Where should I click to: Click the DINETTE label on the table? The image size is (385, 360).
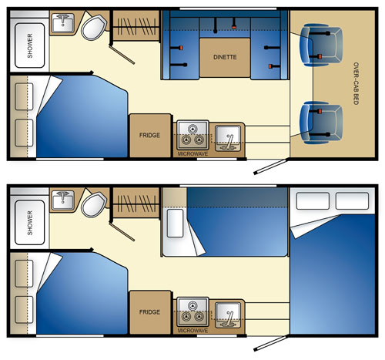point(225,57)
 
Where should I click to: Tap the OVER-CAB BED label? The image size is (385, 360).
point(356,83)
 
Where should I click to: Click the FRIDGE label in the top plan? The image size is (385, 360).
point(149,135)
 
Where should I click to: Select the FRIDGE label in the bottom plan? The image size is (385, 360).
point(149,312)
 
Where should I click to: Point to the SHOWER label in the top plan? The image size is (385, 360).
point(30,45)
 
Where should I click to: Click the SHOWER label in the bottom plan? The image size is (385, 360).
point(30,223)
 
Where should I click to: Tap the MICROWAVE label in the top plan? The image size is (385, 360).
point(192,154)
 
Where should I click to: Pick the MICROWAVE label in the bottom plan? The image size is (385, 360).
point(192,331)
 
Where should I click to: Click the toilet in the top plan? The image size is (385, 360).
point(94,27)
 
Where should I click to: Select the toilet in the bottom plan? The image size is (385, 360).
point(94,204)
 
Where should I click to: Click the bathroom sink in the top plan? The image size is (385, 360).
point(63,23)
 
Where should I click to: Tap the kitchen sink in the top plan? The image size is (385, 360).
point(228,138)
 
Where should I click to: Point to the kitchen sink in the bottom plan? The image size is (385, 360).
point(228,315)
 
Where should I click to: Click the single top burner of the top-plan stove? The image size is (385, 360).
point(192,129)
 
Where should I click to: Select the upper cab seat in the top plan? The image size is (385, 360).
point(321,45)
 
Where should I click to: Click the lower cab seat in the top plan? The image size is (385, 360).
point(321,123)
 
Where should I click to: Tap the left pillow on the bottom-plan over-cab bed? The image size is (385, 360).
point(313,200)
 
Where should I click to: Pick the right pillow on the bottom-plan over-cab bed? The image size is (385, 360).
point(352,200)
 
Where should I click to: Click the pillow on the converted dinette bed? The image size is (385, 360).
point(175,223)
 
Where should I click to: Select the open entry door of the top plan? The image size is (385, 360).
point(269,167)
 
